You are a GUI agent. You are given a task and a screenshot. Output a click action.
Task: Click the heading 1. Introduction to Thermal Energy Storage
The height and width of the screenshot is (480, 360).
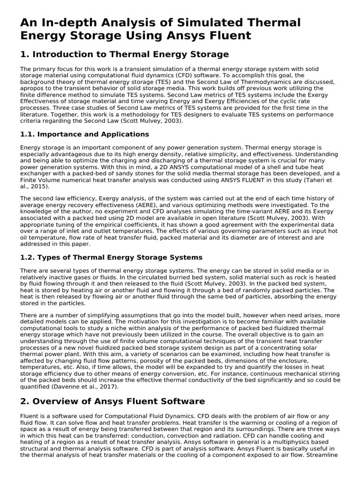(x=124, y=54)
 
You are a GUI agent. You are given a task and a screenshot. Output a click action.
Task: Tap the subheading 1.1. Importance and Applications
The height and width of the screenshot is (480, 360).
(x=84, y=134)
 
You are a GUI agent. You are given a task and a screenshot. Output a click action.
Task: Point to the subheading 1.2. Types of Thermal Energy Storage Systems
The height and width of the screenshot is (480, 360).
(x=111, y=257)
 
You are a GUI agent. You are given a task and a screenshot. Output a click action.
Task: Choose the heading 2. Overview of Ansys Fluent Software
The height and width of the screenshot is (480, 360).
(x=112, y=401)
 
